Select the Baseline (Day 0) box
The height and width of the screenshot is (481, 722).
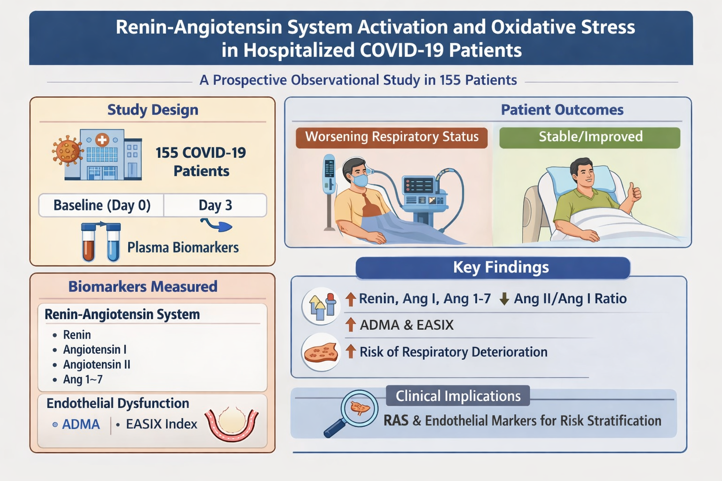102,205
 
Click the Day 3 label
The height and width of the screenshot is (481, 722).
215,205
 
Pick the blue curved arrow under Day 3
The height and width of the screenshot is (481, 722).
217,225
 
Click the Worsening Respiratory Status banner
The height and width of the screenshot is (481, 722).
392,137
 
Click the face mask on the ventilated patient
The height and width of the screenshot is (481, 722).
360,180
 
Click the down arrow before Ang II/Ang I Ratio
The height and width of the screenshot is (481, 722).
504,299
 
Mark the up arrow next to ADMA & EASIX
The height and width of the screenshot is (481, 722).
350,325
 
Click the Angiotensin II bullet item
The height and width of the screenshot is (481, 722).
96,365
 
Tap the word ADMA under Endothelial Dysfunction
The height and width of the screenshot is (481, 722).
81,424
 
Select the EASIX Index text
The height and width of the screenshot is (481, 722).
161,424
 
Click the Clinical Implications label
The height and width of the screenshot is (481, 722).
458,396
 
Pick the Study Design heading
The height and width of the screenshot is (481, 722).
153,110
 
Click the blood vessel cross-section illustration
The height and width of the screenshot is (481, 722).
232,423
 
